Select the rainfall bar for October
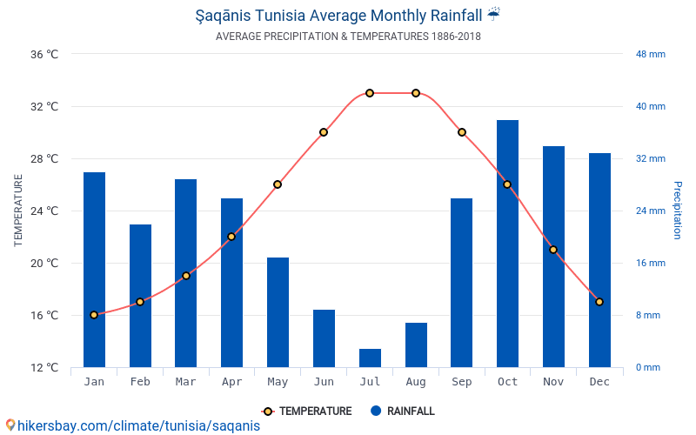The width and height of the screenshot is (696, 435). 507,244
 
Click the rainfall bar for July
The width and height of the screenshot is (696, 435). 370,358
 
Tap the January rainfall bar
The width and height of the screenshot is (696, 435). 94,270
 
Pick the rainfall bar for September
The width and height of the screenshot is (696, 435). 461,283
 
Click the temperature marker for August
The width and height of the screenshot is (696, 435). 416,93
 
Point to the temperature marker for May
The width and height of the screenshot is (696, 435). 278,184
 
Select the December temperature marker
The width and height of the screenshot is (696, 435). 599,302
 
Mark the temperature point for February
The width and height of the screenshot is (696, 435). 140,302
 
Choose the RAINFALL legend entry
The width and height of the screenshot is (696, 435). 402,412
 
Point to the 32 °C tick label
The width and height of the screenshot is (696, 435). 44,107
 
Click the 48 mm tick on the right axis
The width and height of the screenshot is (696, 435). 650,54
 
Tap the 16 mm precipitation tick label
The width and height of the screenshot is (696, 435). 650,263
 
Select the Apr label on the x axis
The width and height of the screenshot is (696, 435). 231,382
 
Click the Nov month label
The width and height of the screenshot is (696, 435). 553,382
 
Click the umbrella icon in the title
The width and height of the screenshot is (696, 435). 493,14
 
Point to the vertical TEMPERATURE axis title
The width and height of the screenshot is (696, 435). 18,210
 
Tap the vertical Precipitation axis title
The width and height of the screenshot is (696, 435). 678,210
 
